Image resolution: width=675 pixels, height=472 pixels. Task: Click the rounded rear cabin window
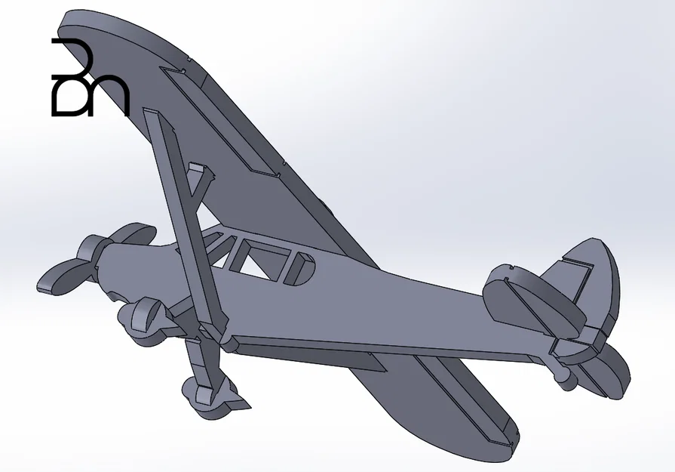(x=300, y=269)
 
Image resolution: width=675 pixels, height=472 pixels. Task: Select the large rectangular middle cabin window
(x=260, y=257)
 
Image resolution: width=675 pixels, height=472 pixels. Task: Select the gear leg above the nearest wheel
(x=204, y=359)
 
